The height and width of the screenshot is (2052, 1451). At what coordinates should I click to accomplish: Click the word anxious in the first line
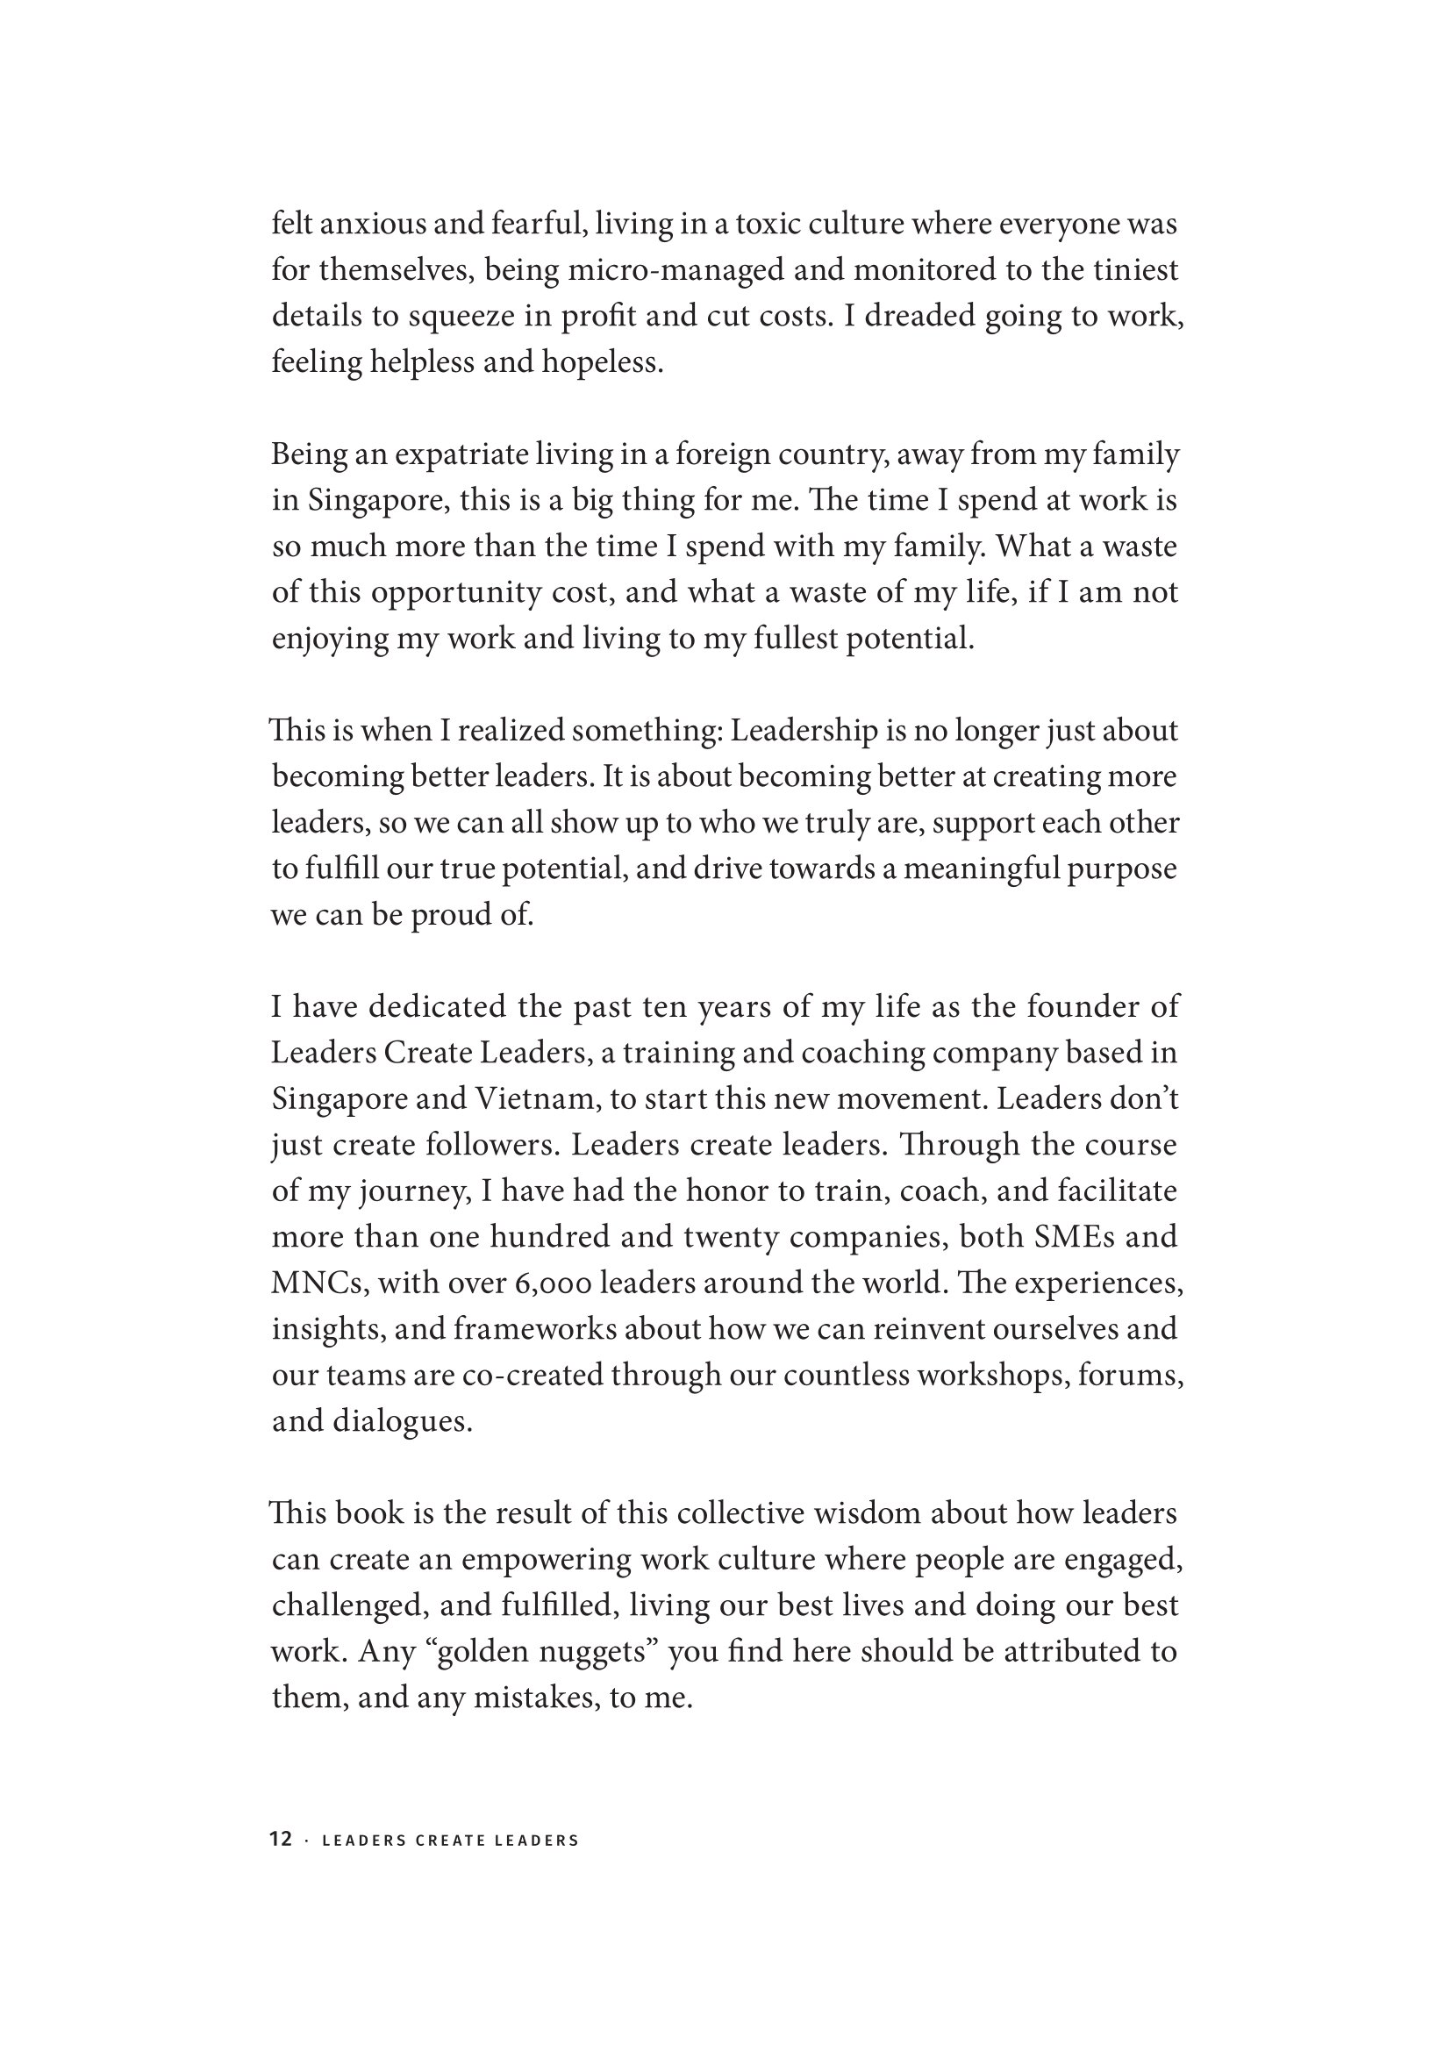point(372,224)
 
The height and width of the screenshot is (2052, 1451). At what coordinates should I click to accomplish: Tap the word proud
point(448,915)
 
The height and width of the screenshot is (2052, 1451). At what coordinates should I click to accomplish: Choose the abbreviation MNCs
point(319,1283)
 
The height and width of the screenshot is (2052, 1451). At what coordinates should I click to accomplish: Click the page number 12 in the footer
point(281,1840)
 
